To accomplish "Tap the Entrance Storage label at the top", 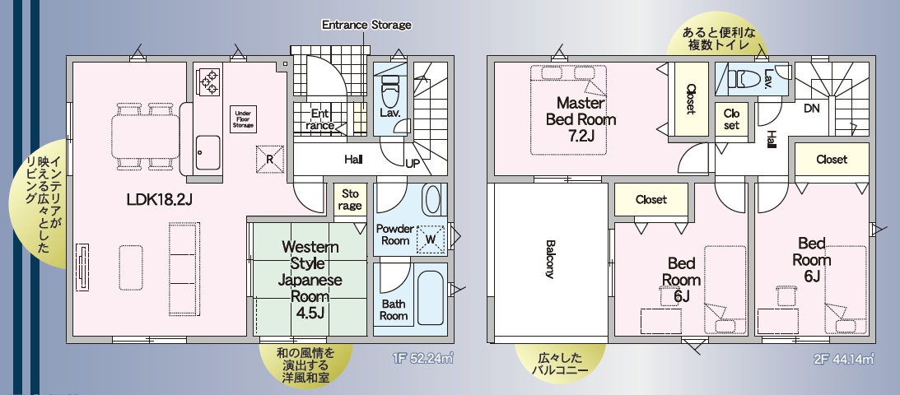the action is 366,25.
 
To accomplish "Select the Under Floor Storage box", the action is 243,118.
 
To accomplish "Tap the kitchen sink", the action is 208,152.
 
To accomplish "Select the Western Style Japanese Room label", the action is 310,280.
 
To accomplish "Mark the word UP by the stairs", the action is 412,164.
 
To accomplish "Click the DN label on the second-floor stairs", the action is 812,109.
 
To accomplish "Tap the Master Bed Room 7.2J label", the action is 581,119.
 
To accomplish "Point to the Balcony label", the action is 549,258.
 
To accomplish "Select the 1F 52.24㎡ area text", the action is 423,360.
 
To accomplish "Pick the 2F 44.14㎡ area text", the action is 843,360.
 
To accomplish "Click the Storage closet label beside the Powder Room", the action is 350,199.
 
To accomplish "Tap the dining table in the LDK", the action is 145,137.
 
